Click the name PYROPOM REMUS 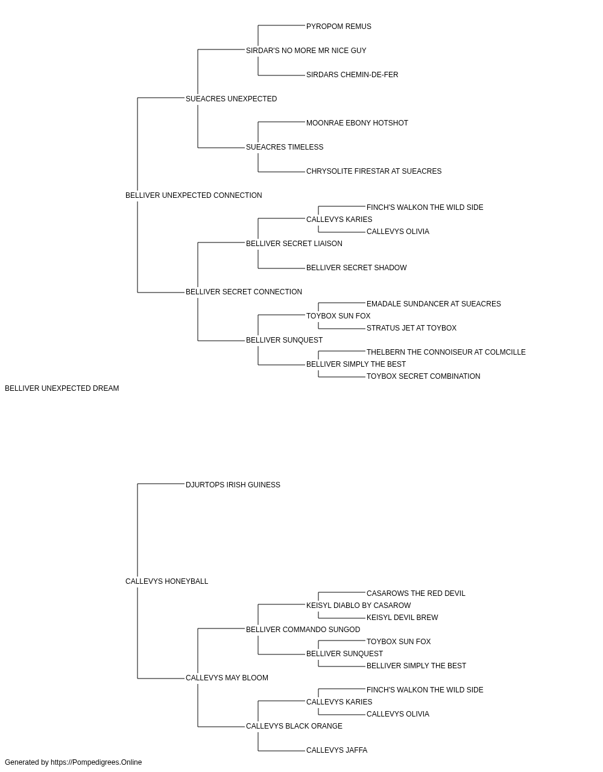tap(338, 27)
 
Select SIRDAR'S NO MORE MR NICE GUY tap(306, 51)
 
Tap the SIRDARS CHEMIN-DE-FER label tap(352, 75)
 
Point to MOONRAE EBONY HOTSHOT tap(357, 123)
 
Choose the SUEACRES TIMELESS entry tap(285, 147)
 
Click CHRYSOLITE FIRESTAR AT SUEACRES tap(374, 172)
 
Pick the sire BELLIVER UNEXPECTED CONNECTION tap(194, 196)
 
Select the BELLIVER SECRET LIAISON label tap(294, 244)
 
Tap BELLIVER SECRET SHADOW tap(356, 268)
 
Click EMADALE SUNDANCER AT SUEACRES tap(434, 305)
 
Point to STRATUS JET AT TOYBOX tap(411, 329)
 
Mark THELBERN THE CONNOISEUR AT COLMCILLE tap(446, 353)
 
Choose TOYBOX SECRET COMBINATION tap(423, 377)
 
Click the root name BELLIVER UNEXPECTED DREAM tap(62, 389)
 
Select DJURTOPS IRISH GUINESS tap(233, 486)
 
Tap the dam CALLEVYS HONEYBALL tap(166, 582)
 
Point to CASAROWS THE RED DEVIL tap(416, 594)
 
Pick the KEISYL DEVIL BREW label tap(402, 618)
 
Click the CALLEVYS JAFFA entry tap(336, 751)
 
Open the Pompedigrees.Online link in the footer tap(96, 763)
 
